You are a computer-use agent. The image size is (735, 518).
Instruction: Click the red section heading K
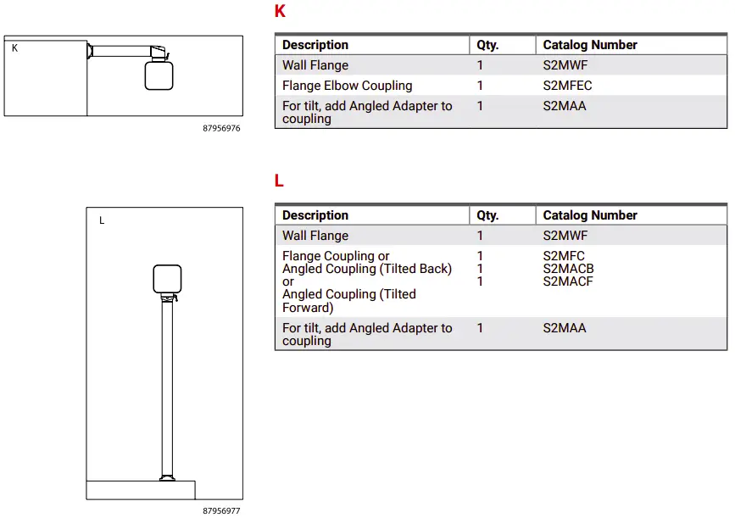pos(280,12)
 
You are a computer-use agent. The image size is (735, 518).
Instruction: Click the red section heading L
pos(279,181)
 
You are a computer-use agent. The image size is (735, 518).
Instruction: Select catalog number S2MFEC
pos(567,86)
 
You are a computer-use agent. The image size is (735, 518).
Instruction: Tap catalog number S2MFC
pos(564,256)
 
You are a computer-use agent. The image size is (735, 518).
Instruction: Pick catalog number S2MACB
pos(568,269)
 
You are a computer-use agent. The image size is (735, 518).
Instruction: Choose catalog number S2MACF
pos(568,281)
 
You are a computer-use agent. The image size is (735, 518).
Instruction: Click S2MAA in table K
pos(565,106)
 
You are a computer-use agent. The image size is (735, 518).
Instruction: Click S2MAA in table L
pos(565,328)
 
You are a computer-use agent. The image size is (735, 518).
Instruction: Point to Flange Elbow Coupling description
pos(347,86)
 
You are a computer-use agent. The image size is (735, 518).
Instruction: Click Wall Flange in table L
pos(315,236)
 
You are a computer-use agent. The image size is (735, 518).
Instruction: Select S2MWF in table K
pos(565,65)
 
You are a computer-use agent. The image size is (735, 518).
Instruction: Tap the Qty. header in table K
pos(487,45)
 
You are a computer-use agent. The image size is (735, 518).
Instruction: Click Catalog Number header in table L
pos(590,215)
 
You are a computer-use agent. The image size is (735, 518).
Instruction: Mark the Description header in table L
pos(315,215)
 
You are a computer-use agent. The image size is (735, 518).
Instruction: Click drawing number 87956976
pos(221,129)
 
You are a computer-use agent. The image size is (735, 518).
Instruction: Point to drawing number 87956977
pos(221,511)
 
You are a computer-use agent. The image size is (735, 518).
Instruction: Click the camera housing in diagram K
pos(159,75)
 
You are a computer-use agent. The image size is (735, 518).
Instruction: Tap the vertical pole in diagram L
pos(167,390)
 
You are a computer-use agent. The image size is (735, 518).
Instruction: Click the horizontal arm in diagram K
pos(119,52)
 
